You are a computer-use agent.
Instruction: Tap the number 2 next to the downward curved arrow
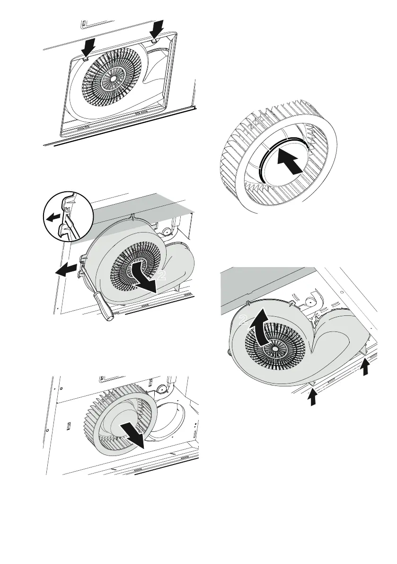click(162, 276)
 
